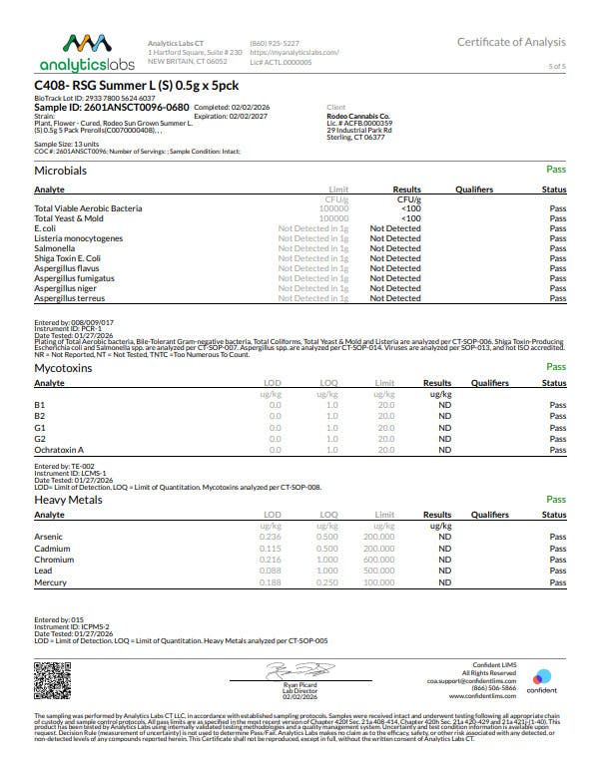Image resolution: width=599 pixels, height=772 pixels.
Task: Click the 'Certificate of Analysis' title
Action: coord(511,42)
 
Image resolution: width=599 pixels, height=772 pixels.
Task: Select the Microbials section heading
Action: coord(61,171)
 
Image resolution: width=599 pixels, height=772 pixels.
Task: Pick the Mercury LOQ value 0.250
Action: coord(327,581)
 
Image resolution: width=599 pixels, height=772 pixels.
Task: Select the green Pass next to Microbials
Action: coord(556,171)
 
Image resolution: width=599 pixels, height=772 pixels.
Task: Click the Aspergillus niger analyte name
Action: coord(67,288)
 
